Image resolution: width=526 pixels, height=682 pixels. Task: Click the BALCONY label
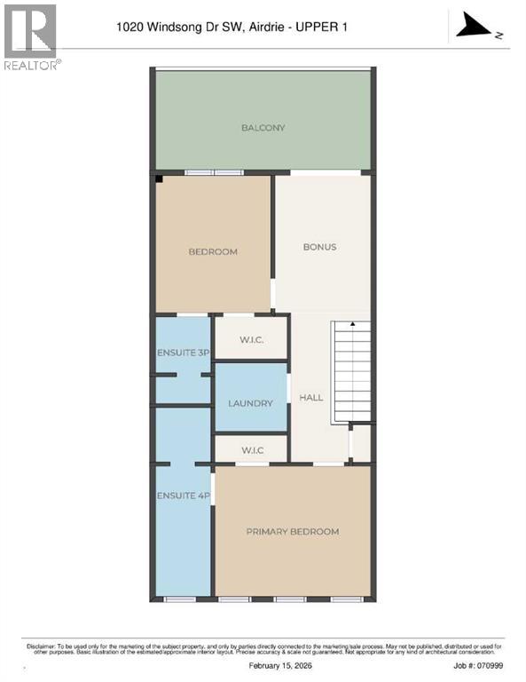(263, 128)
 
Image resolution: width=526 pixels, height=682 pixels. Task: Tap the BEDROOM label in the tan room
(213, 251)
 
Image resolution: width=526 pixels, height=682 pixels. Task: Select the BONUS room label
(319, 247)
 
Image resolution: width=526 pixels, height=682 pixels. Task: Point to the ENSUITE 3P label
(184, 353)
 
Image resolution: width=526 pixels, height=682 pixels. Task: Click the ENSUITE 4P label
(184, 496)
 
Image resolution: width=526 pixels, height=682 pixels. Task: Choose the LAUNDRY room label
(250, 403)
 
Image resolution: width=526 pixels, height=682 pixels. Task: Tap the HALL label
(311, 398)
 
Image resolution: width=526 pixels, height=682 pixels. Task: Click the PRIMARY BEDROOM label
(293, 531)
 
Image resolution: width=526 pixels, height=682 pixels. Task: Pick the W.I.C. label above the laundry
(251, 337)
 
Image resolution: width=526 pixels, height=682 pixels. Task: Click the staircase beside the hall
(351, 373)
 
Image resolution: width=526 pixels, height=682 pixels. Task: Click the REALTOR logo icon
(30, 31)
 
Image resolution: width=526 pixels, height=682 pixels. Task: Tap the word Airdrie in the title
(267, 28)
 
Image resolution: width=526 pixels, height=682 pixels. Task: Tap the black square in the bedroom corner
(160, 179)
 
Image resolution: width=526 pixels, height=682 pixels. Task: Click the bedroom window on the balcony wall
(214, 172)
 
